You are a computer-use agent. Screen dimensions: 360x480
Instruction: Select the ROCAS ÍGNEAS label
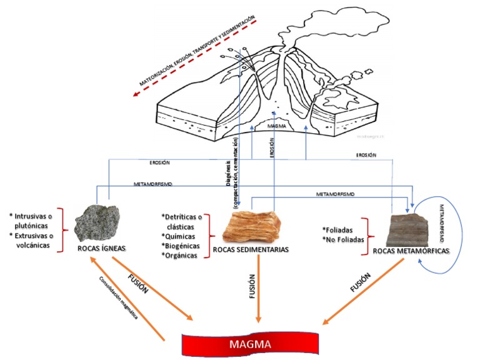point(102,247)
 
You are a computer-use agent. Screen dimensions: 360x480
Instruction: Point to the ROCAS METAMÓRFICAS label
point(411,251)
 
